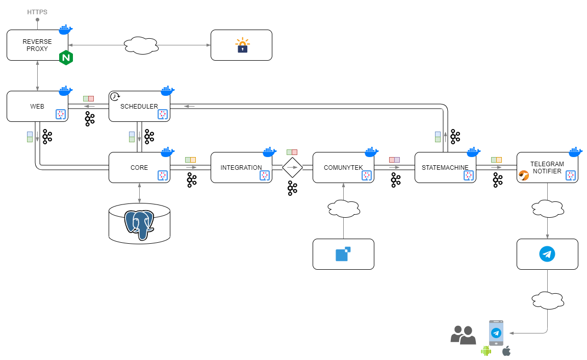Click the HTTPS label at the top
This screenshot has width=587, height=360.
(x=37, y=11)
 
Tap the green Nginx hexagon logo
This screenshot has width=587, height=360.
(x=66, y=58)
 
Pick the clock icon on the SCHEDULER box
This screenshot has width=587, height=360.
(x=115, y=96)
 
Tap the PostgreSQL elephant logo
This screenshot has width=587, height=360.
(x=139, y=224)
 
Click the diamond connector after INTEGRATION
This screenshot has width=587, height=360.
(x=292, y=167)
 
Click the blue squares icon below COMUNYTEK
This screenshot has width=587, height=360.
(x=343, y=253)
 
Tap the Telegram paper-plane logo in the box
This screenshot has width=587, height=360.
(x=547, y=254)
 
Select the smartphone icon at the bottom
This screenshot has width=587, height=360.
(x=496, y=333)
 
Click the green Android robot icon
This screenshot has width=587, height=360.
(x=486, y=351)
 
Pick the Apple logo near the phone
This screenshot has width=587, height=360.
(x=506, y=351)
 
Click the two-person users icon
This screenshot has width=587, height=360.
(x=463, y=335)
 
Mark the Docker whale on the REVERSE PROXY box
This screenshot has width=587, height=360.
(x=65, y=29)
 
